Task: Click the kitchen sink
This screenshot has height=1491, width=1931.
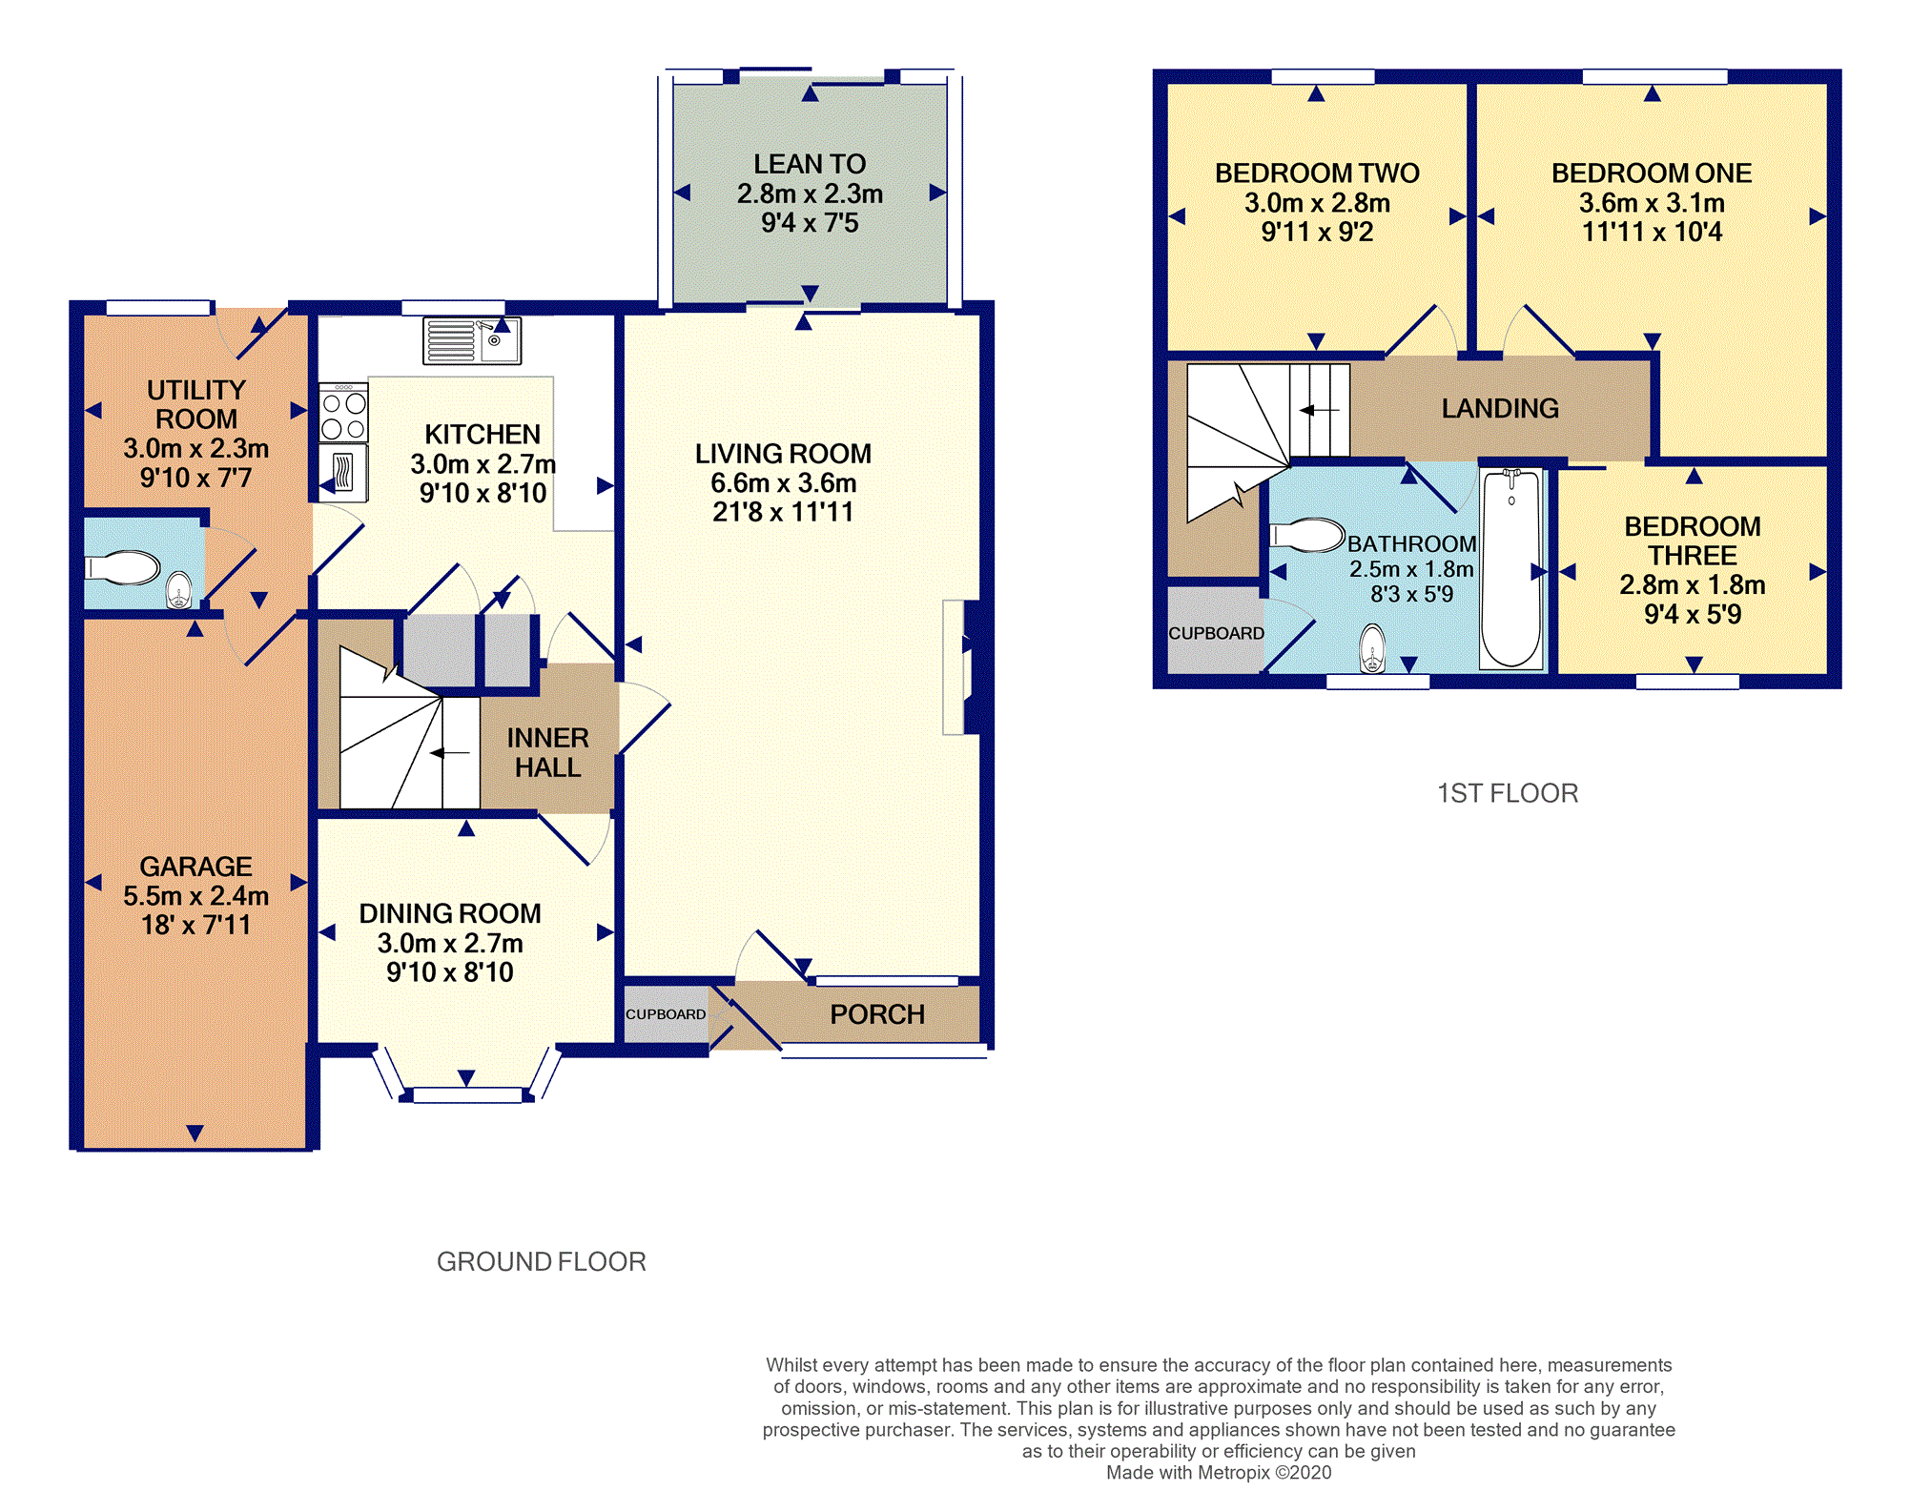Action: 472,340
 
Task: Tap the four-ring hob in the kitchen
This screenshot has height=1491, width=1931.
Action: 343,413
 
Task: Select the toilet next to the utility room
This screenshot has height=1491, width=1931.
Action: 123,568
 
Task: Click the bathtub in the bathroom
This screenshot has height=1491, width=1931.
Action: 1510,568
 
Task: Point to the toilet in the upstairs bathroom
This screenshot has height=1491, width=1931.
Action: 1307,535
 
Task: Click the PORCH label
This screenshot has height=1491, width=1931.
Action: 877,1014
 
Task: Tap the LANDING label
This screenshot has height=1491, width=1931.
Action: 1500,409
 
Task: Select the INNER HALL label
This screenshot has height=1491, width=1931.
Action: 547,752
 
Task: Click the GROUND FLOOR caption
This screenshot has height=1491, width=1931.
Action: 542,1261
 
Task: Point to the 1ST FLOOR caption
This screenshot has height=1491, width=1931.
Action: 1508,793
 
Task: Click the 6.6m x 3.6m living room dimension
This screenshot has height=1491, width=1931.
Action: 783,483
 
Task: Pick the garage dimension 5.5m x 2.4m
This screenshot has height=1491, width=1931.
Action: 195,896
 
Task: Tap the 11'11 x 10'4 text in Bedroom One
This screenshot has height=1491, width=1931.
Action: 1652,232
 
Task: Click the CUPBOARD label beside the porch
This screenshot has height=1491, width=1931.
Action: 666,1014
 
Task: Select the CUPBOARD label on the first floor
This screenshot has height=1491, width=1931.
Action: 1216,633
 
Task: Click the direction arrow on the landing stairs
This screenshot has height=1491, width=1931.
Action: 1320,410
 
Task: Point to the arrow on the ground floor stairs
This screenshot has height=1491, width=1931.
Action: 449,753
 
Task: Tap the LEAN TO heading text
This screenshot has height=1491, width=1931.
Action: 810,164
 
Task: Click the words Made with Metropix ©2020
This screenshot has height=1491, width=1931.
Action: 1219,1472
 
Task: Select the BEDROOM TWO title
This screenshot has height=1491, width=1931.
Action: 1317,174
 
